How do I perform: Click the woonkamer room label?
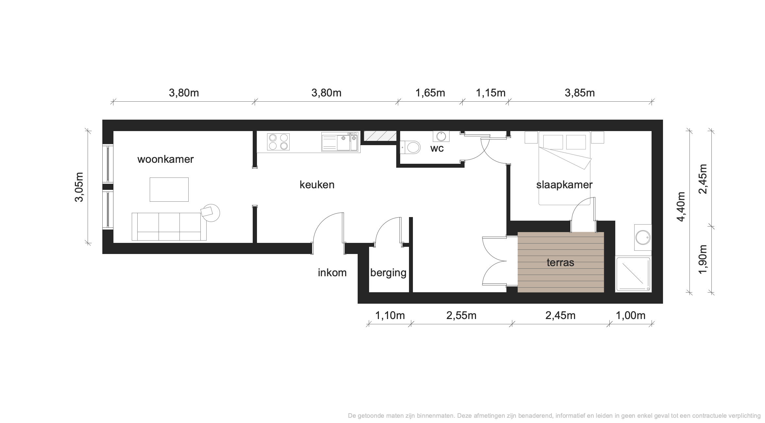165,159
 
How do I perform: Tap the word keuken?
317,185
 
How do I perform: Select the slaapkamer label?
564,185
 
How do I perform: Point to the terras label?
560,262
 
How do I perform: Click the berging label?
388,273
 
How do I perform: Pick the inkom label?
332,273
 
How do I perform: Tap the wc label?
437,149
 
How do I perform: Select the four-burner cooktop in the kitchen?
279,142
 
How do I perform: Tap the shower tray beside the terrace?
633,274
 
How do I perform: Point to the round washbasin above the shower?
643,237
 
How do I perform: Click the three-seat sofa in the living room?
169,227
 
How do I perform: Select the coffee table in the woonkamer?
169,190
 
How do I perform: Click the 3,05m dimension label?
79,187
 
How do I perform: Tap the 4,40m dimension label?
681,207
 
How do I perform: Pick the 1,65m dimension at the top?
430,93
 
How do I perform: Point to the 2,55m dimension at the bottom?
461,315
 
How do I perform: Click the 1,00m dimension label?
631,315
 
